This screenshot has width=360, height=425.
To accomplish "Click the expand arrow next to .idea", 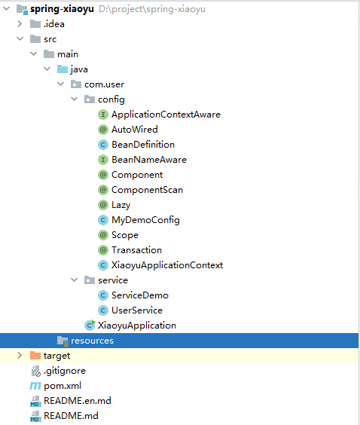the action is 20,24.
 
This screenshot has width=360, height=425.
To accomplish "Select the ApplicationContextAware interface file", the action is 166,115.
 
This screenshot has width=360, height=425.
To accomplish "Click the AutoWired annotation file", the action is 134,130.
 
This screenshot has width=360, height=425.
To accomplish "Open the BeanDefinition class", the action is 143,145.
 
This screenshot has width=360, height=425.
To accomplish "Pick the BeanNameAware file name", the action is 149,160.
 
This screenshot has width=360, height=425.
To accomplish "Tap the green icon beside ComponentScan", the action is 103,190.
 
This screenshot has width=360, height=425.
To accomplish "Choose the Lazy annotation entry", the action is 121,205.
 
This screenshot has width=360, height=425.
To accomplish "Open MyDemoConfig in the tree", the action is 145,220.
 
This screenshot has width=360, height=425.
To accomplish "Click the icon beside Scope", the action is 103,235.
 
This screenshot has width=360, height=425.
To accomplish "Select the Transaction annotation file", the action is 136,250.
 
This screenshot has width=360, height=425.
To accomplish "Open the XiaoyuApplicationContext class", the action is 167,265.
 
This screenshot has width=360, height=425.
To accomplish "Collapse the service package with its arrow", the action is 75,280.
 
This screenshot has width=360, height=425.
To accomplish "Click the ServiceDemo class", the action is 140,295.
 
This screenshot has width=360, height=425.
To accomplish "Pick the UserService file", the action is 137,310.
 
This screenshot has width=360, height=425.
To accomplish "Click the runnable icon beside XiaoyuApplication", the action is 90,325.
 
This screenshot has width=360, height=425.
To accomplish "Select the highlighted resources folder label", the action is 92,341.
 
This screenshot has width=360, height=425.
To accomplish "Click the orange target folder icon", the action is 35,356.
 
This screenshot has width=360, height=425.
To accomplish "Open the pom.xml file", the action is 63,386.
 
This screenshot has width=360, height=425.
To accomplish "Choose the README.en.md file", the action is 78,401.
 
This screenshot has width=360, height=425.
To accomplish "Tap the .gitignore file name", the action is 65,371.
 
